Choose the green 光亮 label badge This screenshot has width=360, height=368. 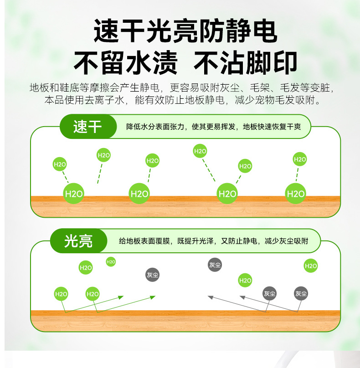pyautogui.click(x=78, y=241)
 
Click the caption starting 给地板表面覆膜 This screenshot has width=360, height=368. pyautogui.click(x=213, y=241)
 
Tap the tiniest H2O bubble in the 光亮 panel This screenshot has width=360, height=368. pyautogui.click(x=111, y=261)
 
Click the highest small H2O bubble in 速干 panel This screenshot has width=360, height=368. pyautogui.click(x=200, y=151)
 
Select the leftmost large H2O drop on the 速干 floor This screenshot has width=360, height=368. pyautogui.click(x=74, y=194)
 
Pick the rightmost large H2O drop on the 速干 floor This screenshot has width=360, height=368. pyautogui.click(x=295, y=194)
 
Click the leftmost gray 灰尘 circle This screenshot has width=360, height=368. pyautogui.click(x=153, y=275)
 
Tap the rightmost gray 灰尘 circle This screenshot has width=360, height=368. pyautogui.click(x=301, y=294)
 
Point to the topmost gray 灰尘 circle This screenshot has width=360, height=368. pyautogui.click(x=215, y=265)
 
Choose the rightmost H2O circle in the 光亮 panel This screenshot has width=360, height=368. pyautogui.click(x=311, y=266)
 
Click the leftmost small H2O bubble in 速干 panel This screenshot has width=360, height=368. pyautogui.click(x=60, y=164)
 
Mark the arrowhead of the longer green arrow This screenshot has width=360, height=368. pyautogui.click(x=154, y=296)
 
